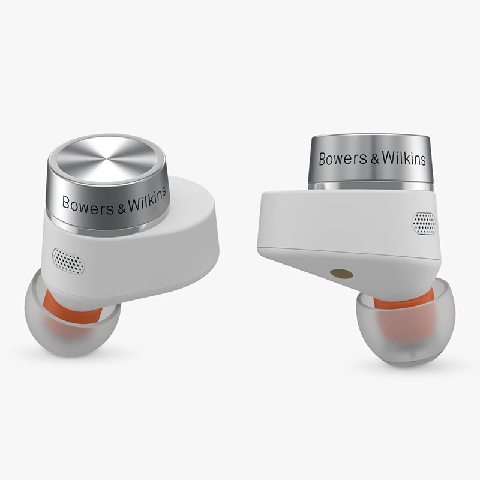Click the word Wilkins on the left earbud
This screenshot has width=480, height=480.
tap(145, 205)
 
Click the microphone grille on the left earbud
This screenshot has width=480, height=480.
tap(68, 261)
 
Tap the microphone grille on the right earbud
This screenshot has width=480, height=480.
tap(424, 224)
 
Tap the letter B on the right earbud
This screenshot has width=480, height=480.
tap(323, 158)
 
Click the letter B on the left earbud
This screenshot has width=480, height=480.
tap(67, 201)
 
